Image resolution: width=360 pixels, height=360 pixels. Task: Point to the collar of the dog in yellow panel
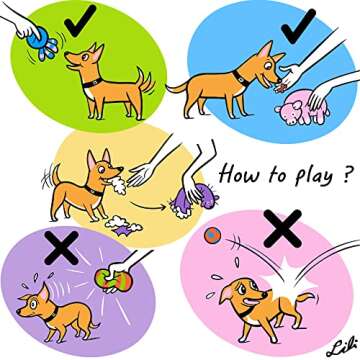(97, 185)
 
